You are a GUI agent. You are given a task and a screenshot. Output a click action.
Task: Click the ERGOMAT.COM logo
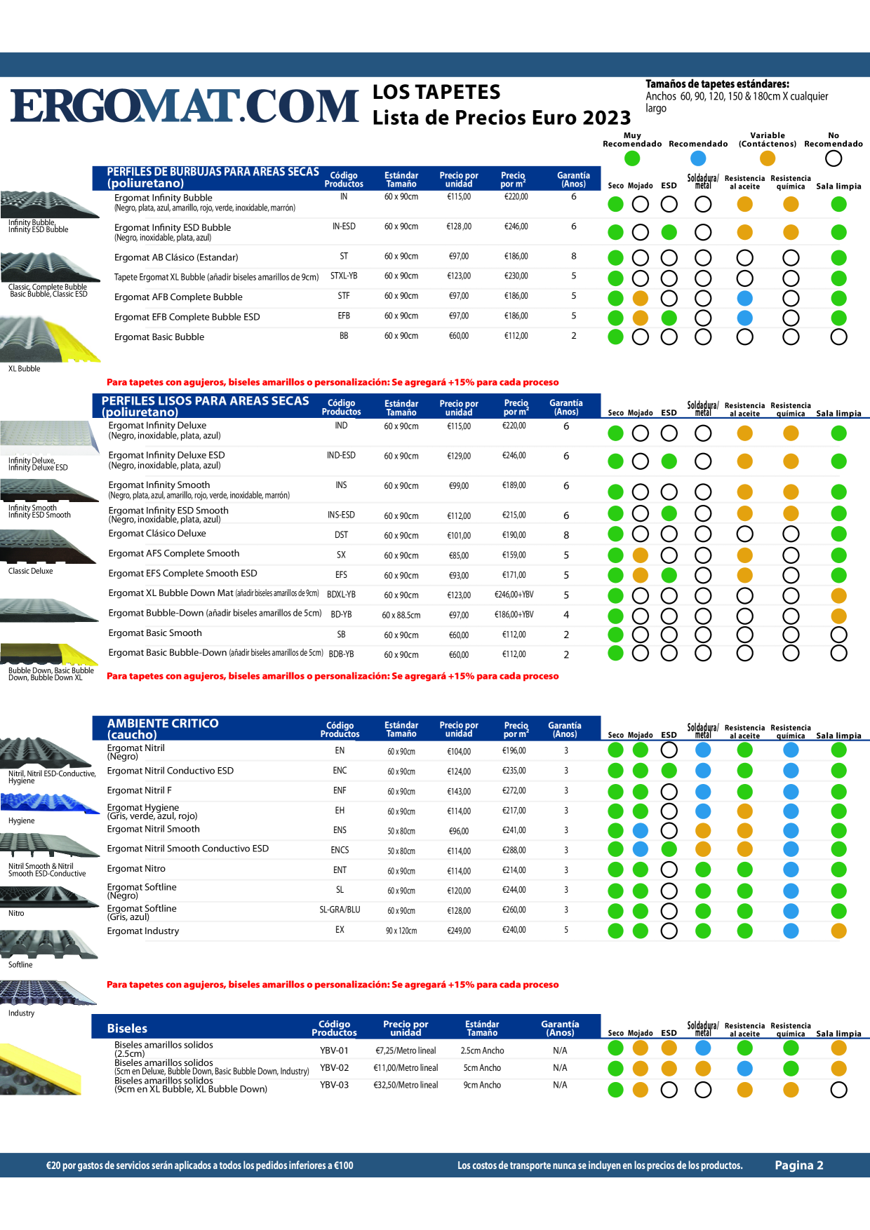pyautogui.click(x=185, y=106)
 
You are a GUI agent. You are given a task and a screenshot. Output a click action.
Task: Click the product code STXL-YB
pyautogui.click(x=344, y=276)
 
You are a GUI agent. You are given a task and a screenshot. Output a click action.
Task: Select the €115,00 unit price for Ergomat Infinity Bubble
pyautogui.click(x=459, y=197)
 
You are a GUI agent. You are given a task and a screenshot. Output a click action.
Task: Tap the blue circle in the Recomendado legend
pyautogui.click(x=698, y=158)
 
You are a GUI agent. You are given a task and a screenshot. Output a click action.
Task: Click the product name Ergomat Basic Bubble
pyautogui.click(x=159, y=337)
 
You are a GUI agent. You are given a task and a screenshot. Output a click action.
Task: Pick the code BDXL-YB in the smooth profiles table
pyautogui.click(x=341, y=595)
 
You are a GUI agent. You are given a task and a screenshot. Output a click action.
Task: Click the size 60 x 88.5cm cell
pyautogui.click(x=401, y=615)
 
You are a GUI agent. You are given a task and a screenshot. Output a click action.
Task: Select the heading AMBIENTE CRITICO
pyautogui.click(x=163, y=723)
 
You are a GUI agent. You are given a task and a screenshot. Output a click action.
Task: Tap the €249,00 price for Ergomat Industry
pyautogui.click(x=459, y=931)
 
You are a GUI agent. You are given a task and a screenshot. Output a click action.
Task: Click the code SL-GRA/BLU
pyautogui.click(x=340, y=910)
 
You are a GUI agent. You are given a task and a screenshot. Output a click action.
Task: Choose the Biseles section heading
pyautogui.click(x=127, y=1028)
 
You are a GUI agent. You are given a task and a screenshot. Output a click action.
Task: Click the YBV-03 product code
pyautogui.click(x=334, y=1085)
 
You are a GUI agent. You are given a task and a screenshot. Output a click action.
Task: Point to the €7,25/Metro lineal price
pyautogui.click(x=406, y=1050)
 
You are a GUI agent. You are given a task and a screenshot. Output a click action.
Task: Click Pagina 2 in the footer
pyautogui.click(x=799, y=1165)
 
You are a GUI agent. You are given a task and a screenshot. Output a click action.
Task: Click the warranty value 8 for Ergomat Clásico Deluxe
pyautogui.click(x=566, y=535)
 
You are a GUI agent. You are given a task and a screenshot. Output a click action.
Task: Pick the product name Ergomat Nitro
pyautogui.click(x=136, y=869)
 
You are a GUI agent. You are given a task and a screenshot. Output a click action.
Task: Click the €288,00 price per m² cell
pyautogui.click(x=514, y=851)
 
